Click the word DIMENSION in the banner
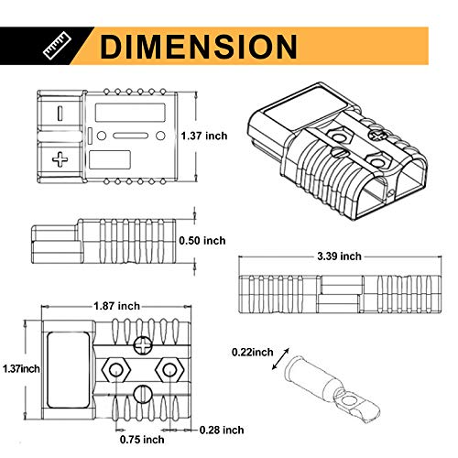(x=199, y=46)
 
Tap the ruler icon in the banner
(x=57, y=47)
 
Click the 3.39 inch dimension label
(x=339, y=256)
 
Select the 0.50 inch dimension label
(x=202, y=241)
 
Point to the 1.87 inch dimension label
(x=116, y=306)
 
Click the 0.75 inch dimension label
(x=142, y=440)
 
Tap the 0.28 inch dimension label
(x=222, y=430)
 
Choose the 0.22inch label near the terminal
(x=253, y=352)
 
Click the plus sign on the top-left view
(x=60, y=159)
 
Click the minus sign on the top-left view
(x=60, y=113)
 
